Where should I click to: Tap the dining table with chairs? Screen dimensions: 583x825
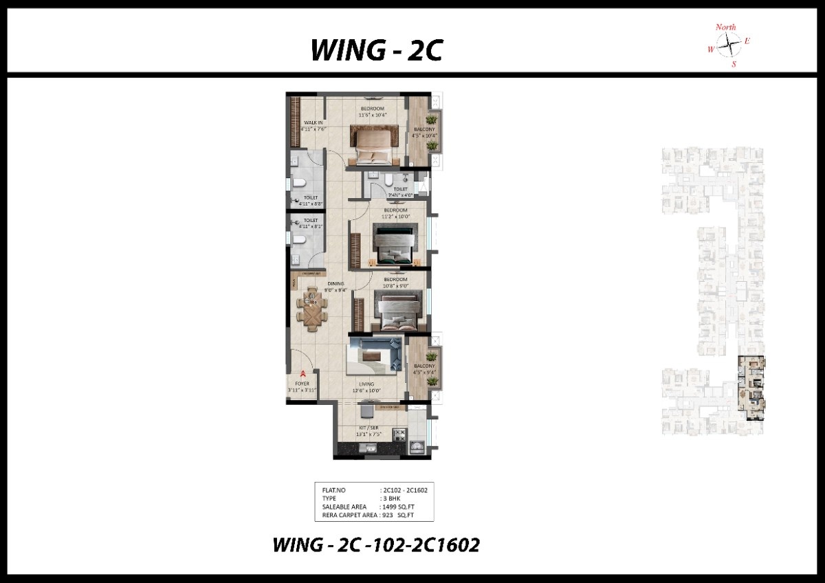(312, 309)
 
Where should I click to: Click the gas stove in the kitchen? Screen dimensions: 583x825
(398, 434)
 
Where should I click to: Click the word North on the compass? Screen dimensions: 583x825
(725, 27)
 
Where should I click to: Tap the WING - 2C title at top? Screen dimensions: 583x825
(375, 51)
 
